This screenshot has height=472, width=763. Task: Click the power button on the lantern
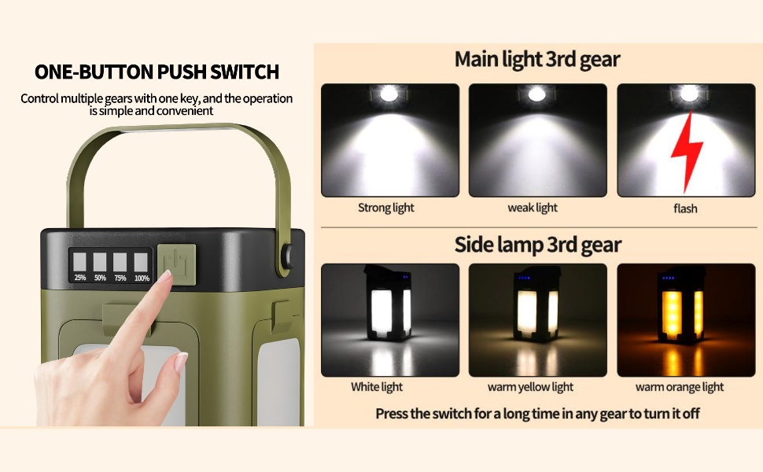click(x=177, y=264)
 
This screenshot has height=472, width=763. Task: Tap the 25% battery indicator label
click(x=80, y=278)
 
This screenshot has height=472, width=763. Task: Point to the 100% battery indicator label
click(x=142, y=278)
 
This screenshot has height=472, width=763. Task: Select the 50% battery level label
click(x=100, y=278)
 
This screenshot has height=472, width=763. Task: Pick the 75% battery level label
click(x=120, y=278)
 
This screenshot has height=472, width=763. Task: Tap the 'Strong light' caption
click(x=386, y=208)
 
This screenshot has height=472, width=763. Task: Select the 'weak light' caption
click(x=533, y=208)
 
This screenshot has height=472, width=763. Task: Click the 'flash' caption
click(x=685, y=208)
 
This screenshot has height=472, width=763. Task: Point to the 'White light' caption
click(x=377, y=387)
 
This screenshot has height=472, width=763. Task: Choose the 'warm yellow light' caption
click(x=530, y=387)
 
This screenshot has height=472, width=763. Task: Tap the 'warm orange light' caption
click(x=680, y=387)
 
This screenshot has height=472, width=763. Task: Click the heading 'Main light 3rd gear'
click(x=537, y=59)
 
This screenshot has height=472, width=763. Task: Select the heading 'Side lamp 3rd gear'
click(x=538, y=245)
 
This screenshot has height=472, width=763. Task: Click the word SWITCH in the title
click(x=245, y=72)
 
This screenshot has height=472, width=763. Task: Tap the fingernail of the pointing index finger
click(x=165, y=276)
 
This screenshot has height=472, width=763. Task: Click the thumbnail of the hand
click(x=181, y=363)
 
